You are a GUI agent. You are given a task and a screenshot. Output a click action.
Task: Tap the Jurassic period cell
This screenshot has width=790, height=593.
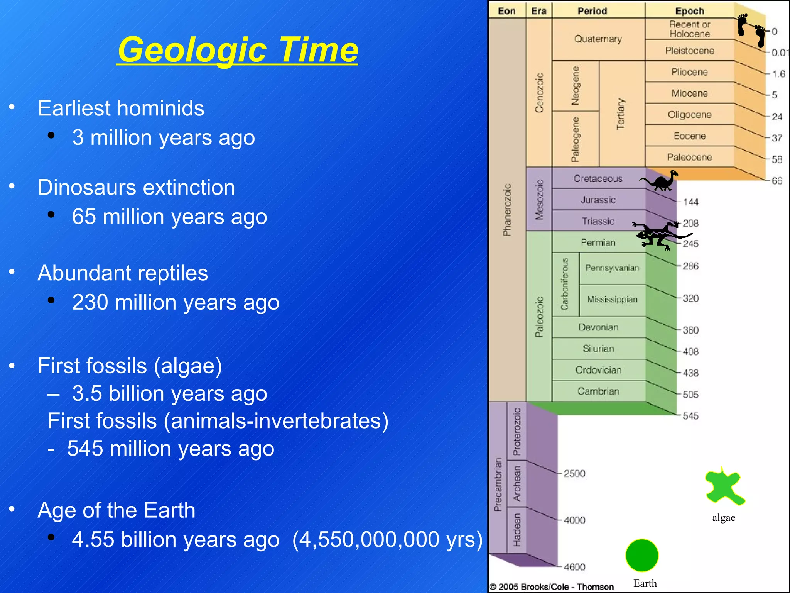point(598,200)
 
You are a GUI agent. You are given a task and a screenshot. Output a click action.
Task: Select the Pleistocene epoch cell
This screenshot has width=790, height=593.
point(689,51)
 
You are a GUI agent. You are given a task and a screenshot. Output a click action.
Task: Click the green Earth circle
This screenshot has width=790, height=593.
point(641,555)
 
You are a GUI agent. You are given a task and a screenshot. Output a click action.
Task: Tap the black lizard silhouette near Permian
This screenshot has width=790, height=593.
point(656,235)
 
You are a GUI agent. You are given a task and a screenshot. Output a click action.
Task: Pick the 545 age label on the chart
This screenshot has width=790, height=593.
point(690,416)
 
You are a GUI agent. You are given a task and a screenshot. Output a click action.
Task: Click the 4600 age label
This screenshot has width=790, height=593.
point(574,567)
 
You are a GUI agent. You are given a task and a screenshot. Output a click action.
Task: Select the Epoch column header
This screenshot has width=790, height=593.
point(689,11)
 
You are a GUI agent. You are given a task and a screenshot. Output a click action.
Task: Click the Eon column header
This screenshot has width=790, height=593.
point(506,11)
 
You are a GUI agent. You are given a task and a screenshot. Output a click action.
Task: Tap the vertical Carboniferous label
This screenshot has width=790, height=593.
point(565,284)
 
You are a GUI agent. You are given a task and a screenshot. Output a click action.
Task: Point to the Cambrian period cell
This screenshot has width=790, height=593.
point(598,391)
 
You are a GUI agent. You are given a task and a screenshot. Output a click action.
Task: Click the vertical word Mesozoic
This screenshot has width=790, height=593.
point(539,199)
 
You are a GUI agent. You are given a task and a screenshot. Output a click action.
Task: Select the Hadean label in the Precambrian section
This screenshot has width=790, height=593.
point(517,530)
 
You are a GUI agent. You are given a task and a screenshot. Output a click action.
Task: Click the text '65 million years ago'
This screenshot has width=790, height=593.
point(169,217)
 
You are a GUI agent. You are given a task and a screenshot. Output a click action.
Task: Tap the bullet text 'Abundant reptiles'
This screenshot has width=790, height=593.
point(123,273)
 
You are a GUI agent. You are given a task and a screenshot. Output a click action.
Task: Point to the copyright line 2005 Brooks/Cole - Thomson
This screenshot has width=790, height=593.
point(552,587)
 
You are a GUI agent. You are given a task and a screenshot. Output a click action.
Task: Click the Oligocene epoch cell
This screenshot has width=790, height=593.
point(689,115)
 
